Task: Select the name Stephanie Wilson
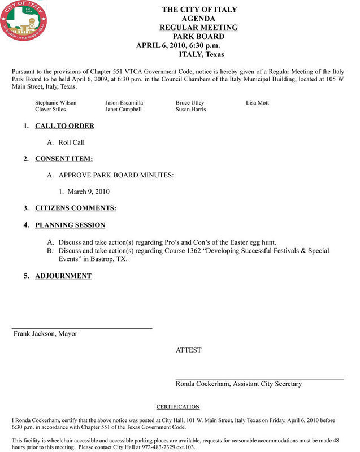tap(55, 103)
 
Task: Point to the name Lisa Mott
tap(258, 103)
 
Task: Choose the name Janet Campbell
tap(123, 110)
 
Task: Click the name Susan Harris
tap(190, 110)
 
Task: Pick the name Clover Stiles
tap(50, 110)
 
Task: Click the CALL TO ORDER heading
tap(64, 126)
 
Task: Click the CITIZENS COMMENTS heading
tap(76, 208)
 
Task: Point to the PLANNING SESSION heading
tap(70, 225)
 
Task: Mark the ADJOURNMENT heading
tap(63, 276)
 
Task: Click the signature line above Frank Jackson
tap(83, 328)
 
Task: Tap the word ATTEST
tap(188, 350)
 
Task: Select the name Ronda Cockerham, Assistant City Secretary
tap(238, 384)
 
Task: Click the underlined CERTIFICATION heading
tap(177, 407)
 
